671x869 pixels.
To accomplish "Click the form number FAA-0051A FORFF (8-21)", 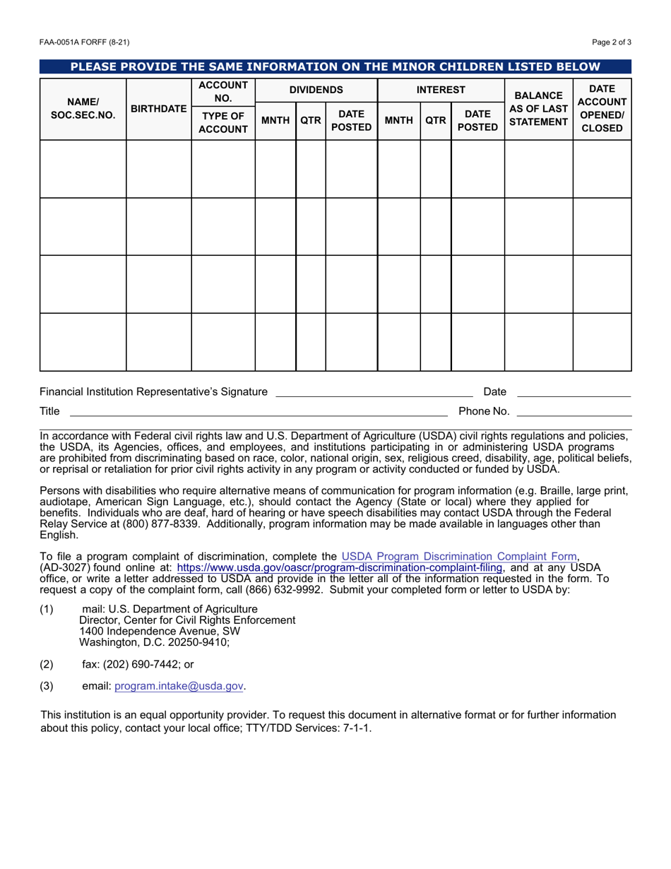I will (x=84, y=42).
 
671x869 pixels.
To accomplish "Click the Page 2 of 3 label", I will (x=612, y=42).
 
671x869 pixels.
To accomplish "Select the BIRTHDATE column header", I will (x=159, y=110).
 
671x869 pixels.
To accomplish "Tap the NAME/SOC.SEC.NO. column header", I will (x=83, y=110).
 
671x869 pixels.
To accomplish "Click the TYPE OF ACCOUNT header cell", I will (x=222, y=122).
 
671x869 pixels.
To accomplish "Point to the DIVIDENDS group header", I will (x=316, y=90).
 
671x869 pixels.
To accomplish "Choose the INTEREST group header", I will (x=441, y=90).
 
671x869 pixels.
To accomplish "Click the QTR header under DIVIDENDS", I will (x=310, y=121).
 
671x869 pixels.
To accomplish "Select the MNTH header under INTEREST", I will (x=398, y=121).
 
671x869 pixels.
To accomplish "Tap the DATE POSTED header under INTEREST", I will (x=477, y=121).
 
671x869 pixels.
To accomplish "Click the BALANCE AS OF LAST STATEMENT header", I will (x=538, y=109).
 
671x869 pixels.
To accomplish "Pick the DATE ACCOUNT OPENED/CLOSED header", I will (x=602, y=109).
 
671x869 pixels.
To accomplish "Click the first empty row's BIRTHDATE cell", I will (x=159, y=169).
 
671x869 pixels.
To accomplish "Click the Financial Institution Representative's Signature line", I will (x=374, y=392).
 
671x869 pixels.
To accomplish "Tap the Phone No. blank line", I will (x=574, y=411).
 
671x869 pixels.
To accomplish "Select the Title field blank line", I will (x=258, y=411).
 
